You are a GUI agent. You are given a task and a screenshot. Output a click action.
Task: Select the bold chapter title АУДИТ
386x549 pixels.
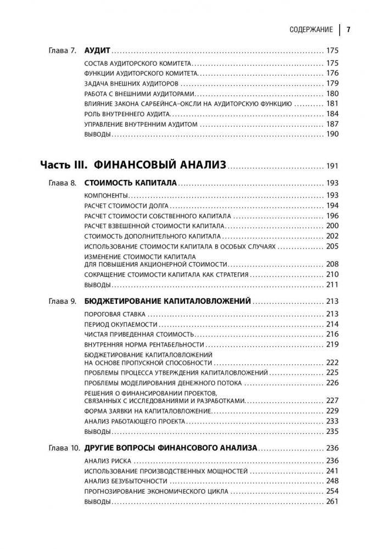click(100, 50)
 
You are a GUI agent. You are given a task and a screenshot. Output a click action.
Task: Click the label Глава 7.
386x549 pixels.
click(63, 50)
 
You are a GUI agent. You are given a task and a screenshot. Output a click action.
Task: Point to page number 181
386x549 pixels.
click(333, 104)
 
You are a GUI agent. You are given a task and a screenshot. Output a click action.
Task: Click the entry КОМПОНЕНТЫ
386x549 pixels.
click(107, 196)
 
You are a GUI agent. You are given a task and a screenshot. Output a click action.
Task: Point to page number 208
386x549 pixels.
click(333, 264)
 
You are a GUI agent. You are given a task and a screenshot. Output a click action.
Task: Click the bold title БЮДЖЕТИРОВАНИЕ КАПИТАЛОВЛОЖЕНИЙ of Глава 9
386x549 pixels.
click(168, 302)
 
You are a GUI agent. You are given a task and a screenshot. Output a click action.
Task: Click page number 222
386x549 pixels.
click(333, 362)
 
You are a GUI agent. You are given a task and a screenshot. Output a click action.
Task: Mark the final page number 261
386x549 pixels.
click(333, 502)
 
